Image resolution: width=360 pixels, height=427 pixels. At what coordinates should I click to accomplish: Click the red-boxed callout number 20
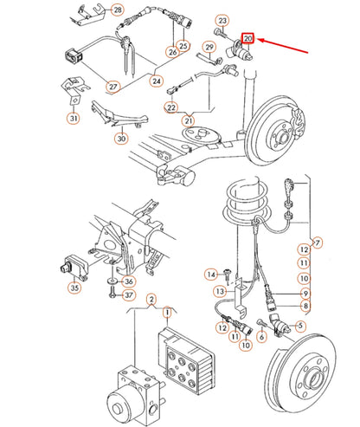pos(248,39)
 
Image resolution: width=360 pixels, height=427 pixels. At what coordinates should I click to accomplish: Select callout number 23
pos(222,20)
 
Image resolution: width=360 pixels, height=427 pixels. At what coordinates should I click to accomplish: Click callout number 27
pos(113,87)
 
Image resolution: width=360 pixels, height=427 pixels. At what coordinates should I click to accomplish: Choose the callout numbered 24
pos(156,82)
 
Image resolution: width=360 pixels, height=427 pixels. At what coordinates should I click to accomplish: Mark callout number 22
pos(171,107)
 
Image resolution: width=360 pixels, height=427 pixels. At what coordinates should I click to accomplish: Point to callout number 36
pos(129,280)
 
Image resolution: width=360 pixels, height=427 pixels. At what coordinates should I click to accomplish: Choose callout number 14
pos(209,275)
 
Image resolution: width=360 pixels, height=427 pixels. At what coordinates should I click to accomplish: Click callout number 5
pos(302,326)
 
